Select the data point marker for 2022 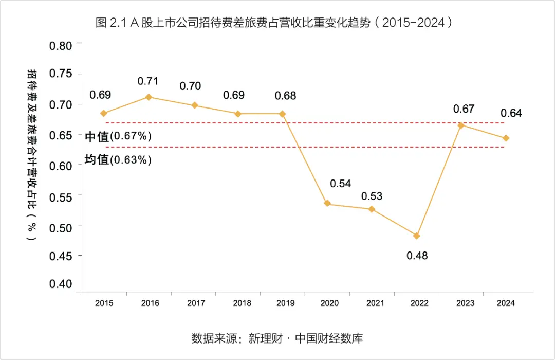point(417,236)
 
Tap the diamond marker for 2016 point(149,97)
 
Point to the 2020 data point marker point(327,204)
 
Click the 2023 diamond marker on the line point(461,125)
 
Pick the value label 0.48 point(417,256)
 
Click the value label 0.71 point(148,81)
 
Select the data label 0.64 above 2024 point(511,113)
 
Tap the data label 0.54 point(340,183)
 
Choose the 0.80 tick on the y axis point(61,45)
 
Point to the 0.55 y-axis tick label point(61,196)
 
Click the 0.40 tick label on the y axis point(61,284)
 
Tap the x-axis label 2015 point(104,303)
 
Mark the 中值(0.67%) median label point(118,136)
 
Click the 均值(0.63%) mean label point(118,160)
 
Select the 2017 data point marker point(194,105)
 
